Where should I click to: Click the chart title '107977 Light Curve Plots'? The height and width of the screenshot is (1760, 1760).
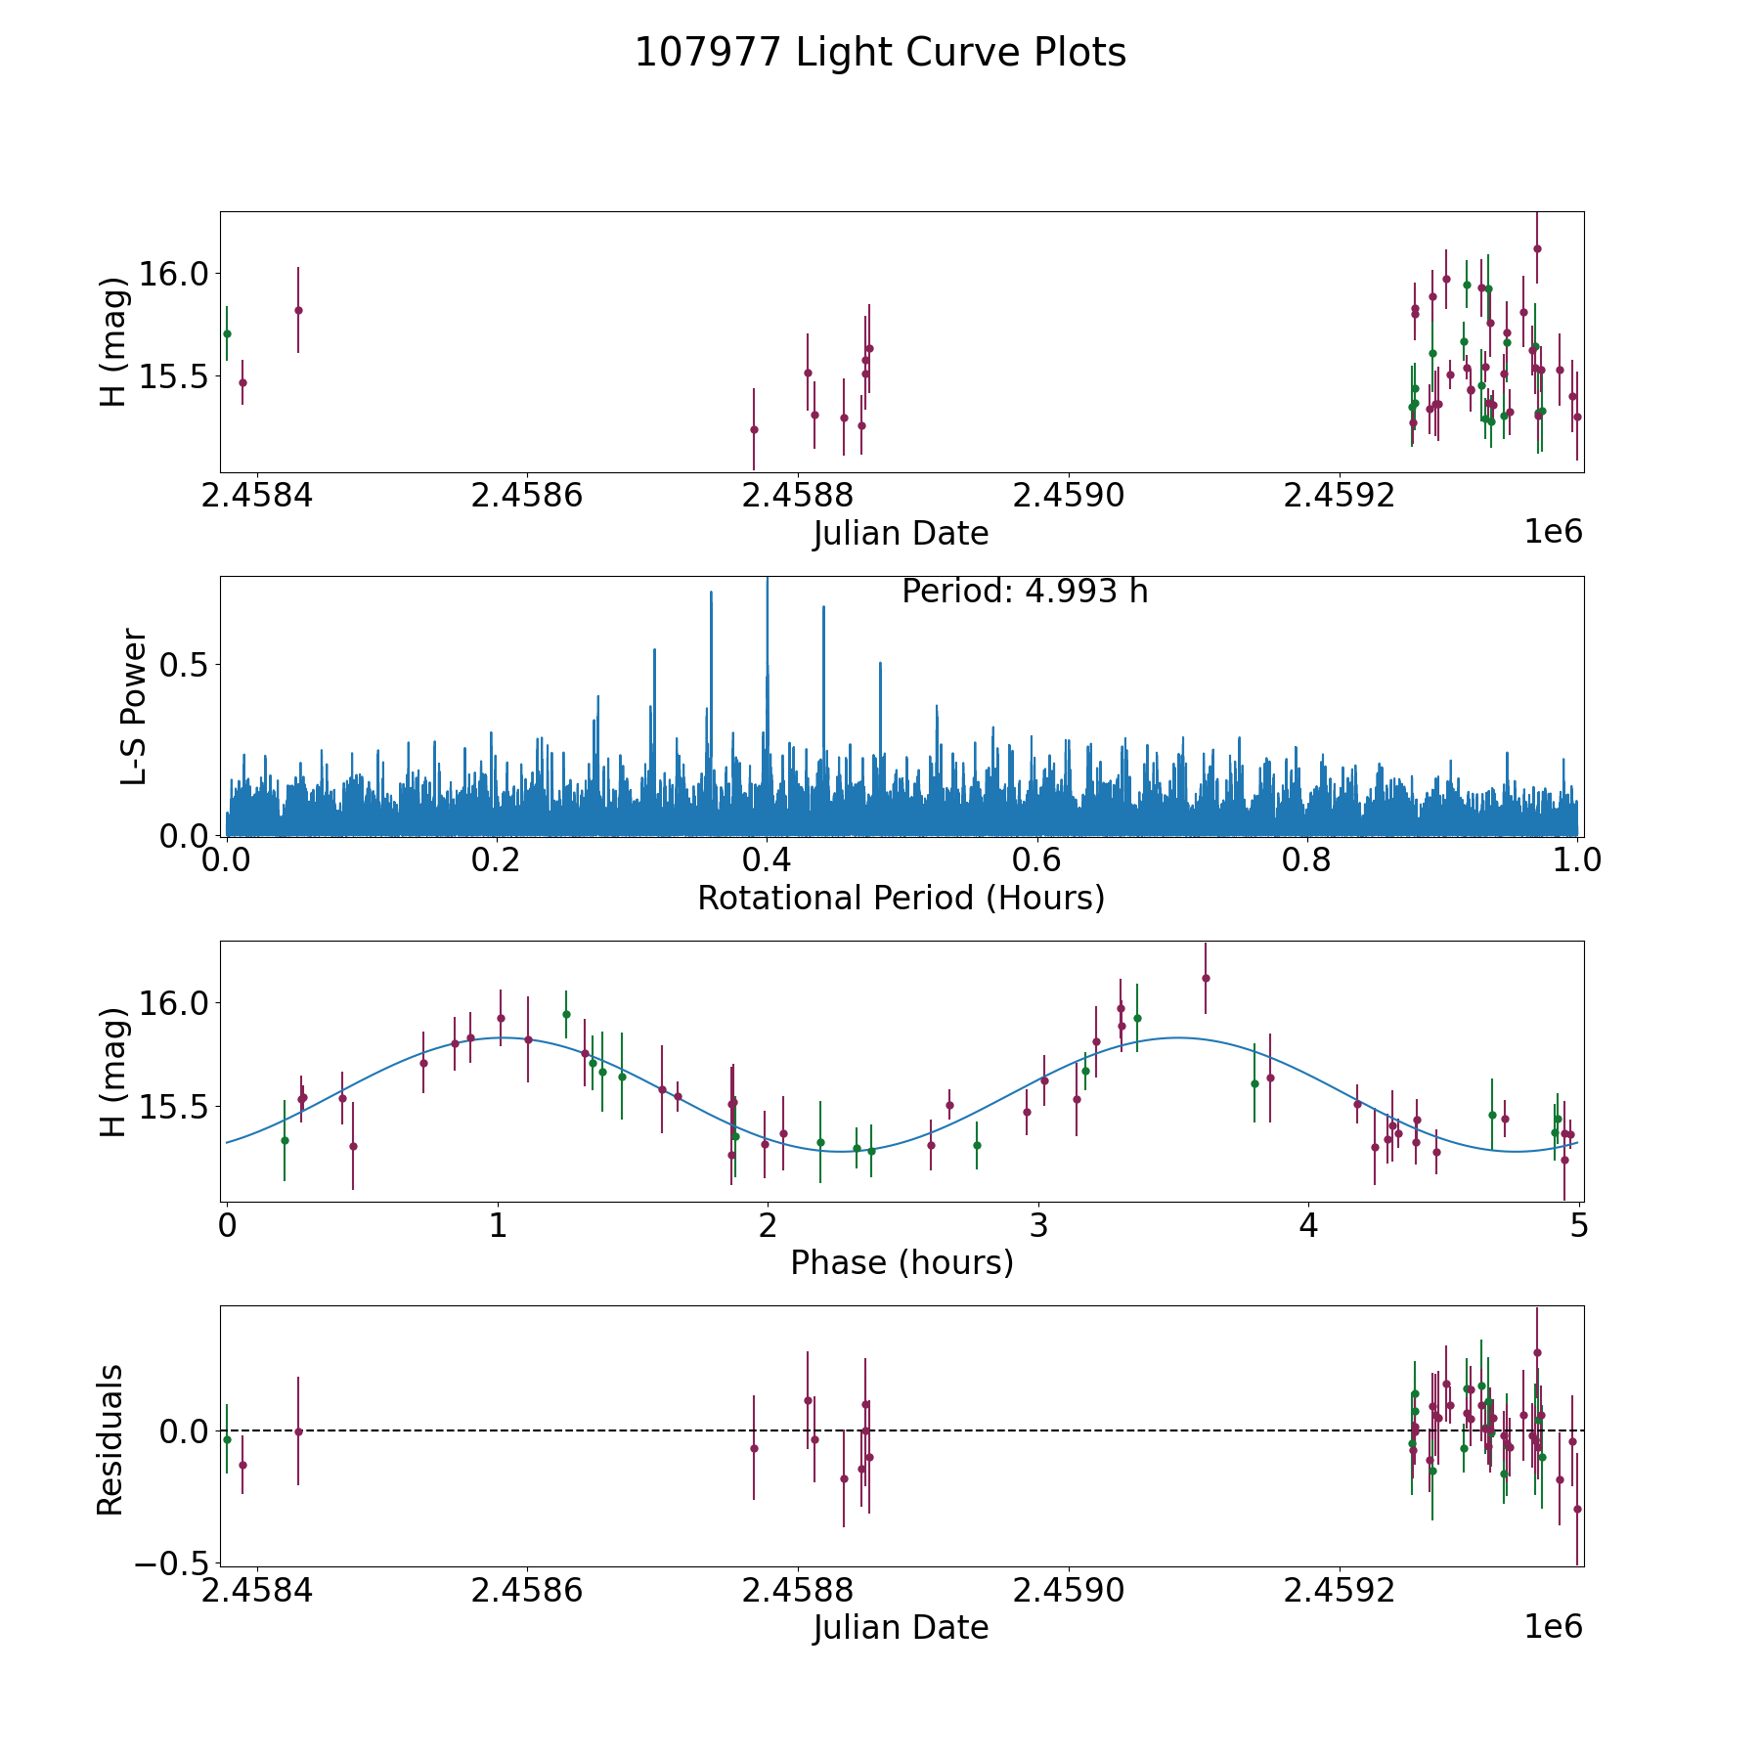click(880, 53)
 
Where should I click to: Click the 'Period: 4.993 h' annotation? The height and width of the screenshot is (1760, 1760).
click(1024, 592)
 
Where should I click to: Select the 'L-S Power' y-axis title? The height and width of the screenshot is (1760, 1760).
click(135, 706)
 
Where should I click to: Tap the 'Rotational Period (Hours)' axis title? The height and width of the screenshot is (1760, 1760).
click(901, 898)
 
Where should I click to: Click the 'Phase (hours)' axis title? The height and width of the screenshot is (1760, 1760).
click(901, 1262)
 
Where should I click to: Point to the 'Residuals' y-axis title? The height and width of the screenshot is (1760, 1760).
click(110, 1439)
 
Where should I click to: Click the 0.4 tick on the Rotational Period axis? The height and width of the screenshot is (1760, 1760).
click(767, 860)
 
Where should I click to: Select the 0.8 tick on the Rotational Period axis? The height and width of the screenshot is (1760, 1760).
click(1307, 860)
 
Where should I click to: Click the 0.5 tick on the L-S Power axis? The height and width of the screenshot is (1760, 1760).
click(186, 665)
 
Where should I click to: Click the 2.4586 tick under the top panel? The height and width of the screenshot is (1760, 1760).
click(526, 496)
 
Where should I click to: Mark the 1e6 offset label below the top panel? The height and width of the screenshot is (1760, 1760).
click(1553, 532)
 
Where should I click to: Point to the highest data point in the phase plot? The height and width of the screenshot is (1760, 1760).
click(1206, 978)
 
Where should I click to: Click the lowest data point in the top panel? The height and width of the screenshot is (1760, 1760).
click(754, 429)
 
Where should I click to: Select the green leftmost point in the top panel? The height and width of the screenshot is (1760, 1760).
click(227, 333)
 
